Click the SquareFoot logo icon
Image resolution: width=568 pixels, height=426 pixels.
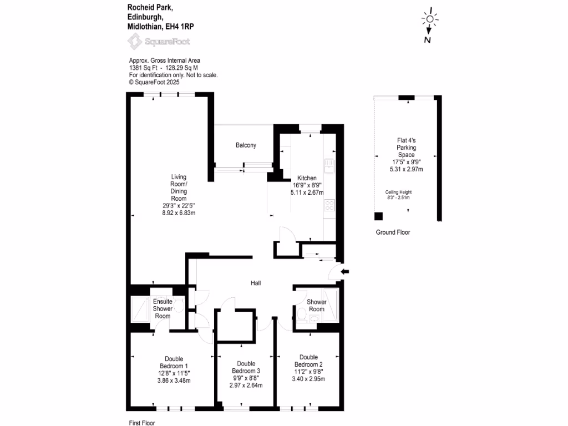(x=134, y=40)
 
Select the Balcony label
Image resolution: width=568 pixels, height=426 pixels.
(x=246, y=145)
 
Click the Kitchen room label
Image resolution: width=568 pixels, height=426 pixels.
(x=306, y=179)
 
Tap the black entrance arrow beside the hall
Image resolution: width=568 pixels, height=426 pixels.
(x=344, y=271)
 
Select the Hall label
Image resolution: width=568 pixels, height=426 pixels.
(x=256, y=283)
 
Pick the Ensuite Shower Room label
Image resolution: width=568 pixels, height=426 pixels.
(x=163, y=308)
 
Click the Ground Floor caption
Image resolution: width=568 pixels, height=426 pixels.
(x=393, y=232)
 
